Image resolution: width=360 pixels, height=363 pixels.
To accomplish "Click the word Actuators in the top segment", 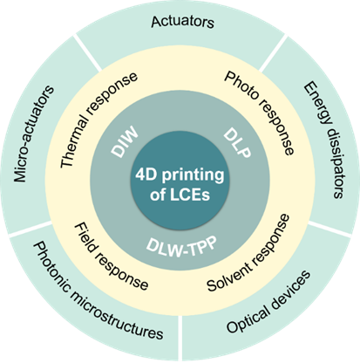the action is pyautogui.click(x=183, y=22).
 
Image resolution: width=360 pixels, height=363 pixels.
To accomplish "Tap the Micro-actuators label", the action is pyautogui.click(x=34, y=134).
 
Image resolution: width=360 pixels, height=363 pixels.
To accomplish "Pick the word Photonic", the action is pyautogui.click(x=51, y=266).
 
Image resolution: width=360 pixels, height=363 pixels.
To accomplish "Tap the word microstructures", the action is pyautogui.click(x=117, y=318).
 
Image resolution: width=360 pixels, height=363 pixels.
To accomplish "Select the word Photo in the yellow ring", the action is pyautogui.click(x=241, y=86).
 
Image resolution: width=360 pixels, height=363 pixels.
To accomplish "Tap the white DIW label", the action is pyautogui.click(x=125, y=141).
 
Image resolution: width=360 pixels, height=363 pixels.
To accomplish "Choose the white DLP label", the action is pyautogui.click(x=237, y=143).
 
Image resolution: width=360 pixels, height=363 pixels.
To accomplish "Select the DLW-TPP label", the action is pyautogui.click(x=181, y=247).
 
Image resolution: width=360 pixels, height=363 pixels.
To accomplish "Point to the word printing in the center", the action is pyautogui.click(x=193, y=176).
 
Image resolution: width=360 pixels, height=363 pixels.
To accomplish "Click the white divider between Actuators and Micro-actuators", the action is pyautogui.click(x=88, y=52).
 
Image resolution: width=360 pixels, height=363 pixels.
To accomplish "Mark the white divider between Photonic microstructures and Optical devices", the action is pyautogui.click(x=180, y=339).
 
